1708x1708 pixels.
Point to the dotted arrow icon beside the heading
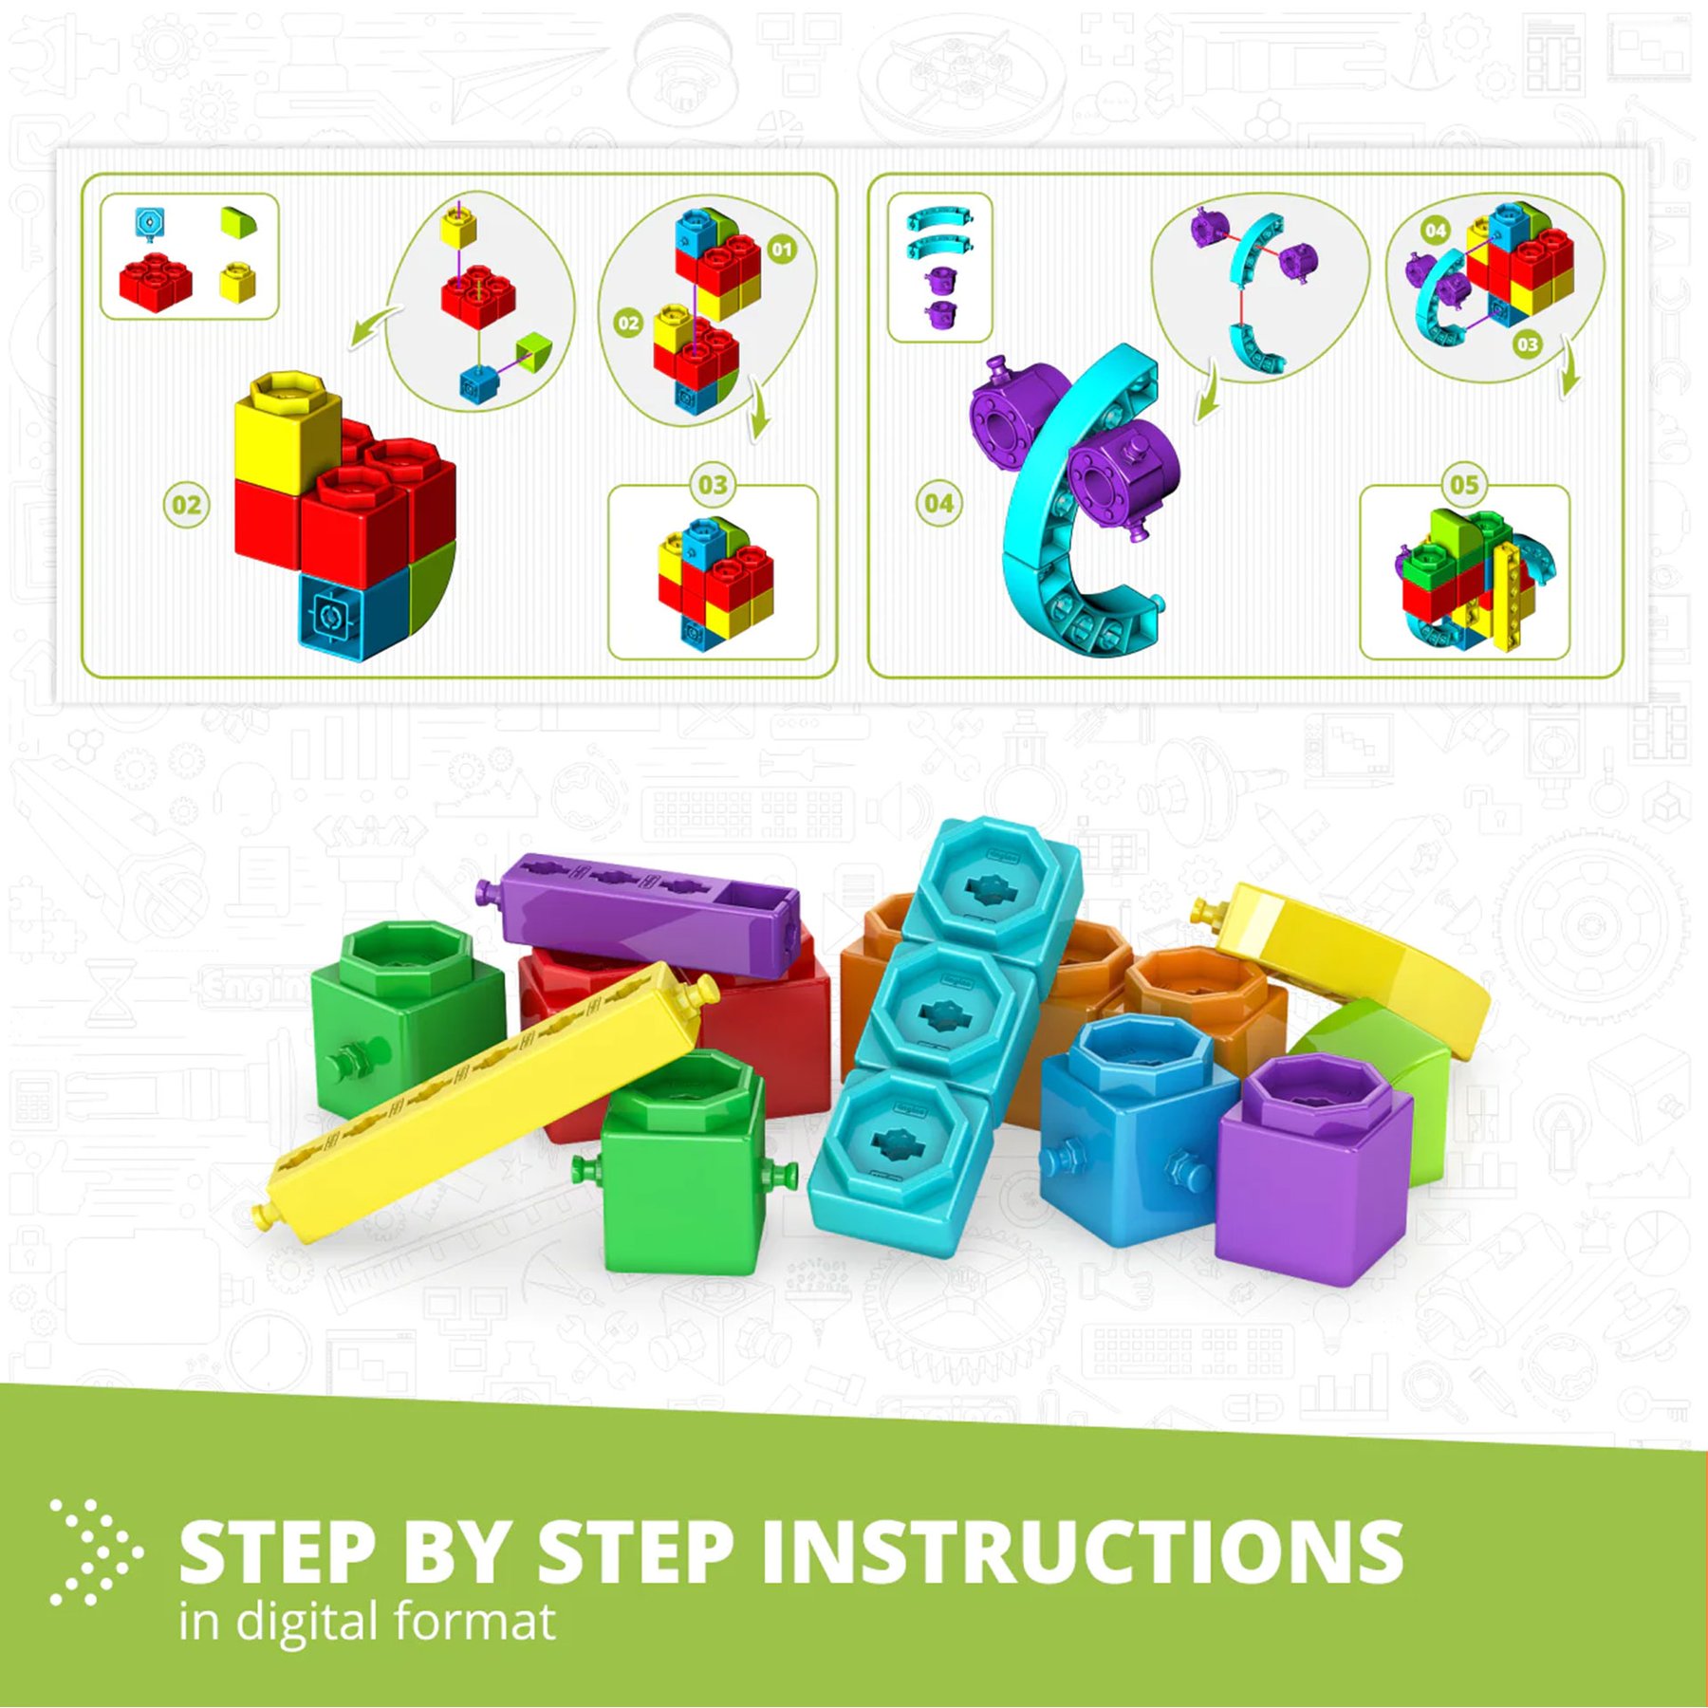pyautogui.click(x=96, y=1552)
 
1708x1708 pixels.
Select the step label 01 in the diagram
pyautogui.click(x=782, y=250)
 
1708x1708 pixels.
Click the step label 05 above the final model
pyautogui.click(x=1463, y=485)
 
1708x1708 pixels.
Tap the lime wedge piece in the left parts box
pyautogui.click(x=238, y=223)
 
